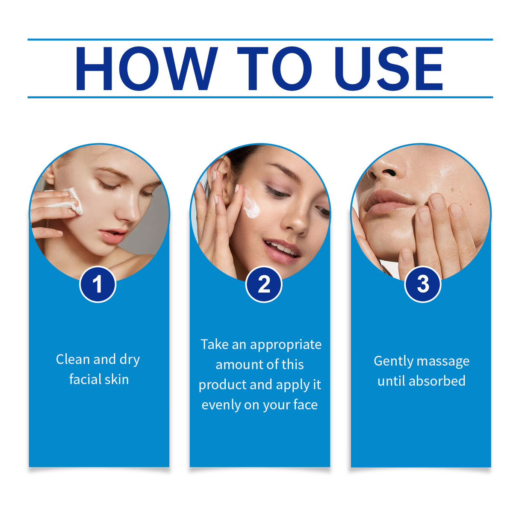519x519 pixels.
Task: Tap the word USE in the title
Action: [x=389, y=69]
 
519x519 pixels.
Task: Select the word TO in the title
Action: [x=274, y=69]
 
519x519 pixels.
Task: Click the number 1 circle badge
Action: [x=98, y=284]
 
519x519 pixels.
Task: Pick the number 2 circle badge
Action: [x=264, y=284]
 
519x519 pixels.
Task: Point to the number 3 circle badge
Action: [x=423, y=284]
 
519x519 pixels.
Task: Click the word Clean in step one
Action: [x=73, y=359]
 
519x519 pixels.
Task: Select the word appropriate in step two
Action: [x=286, y=345]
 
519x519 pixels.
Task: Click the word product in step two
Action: [x=222, y=385]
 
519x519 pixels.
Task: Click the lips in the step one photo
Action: [x=112, y=236]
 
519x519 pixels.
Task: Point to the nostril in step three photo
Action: [x=388, y=173]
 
